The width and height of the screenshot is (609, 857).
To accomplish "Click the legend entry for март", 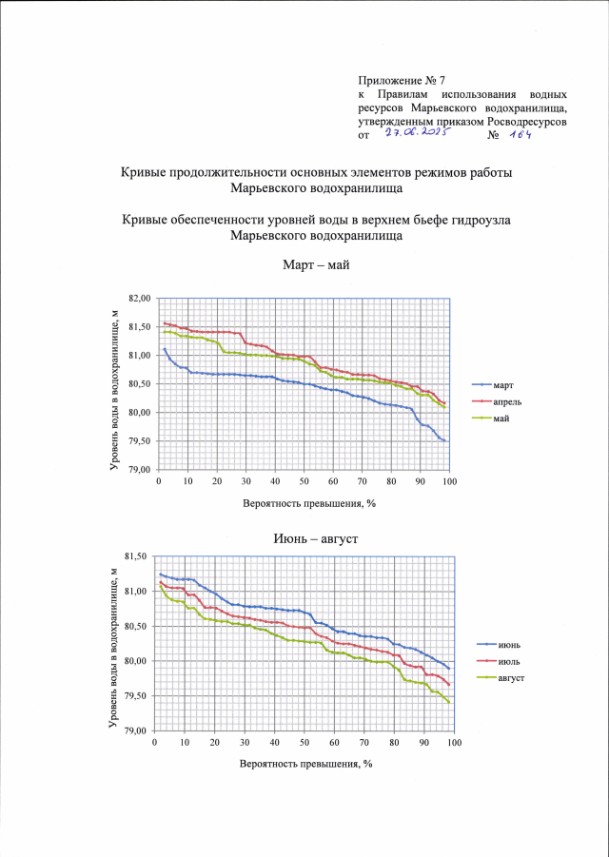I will (x=501, y=385).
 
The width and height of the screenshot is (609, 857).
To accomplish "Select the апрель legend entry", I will (x=505, y=402).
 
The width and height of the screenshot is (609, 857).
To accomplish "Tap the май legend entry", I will (x=501, y=419).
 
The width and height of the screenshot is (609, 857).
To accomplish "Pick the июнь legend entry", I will (x=506, y=647).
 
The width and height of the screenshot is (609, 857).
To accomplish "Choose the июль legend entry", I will (x=506, y=662).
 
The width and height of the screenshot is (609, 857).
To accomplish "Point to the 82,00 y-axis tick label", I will (x=139, y=299).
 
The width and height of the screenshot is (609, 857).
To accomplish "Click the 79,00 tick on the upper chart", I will (x=139, y=470).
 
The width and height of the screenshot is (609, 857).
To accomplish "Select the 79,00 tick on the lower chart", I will (x=135, y=731).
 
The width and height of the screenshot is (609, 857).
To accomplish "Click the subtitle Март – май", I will (x=304, y=263).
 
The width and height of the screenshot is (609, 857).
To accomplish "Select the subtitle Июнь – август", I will (x=304, y=537).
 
